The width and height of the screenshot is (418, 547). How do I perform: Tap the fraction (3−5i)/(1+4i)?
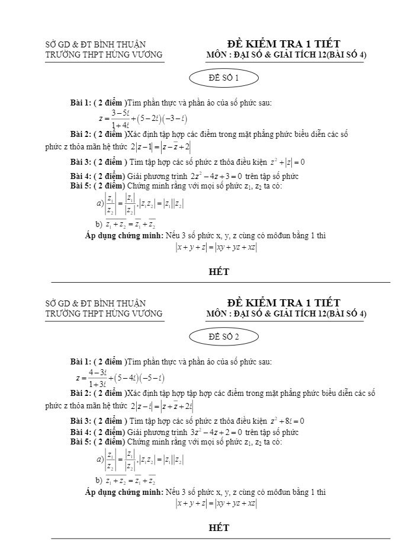tap(120, 119)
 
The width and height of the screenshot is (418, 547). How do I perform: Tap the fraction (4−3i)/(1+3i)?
tap(97, 378)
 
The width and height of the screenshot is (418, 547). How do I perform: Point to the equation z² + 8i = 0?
tap(287, 421)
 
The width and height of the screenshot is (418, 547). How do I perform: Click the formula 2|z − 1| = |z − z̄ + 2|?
tap(161, 146)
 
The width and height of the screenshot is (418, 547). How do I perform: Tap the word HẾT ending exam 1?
tap(219, 273)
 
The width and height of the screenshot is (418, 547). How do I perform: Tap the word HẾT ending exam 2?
tap(219, 527)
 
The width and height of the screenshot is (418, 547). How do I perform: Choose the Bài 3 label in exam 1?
tap(81, 162)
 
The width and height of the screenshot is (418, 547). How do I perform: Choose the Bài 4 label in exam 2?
tap(81, 432)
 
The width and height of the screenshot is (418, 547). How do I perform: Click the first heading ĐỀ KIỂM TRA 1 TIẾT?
tap(283, 44)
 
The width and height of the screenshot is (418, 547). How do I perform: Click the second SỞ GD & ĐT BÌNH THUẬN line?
tap(95, 303)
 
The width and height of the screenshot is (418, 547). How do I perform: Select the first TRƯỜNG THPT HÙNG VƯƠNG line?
tap(104, 55)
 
